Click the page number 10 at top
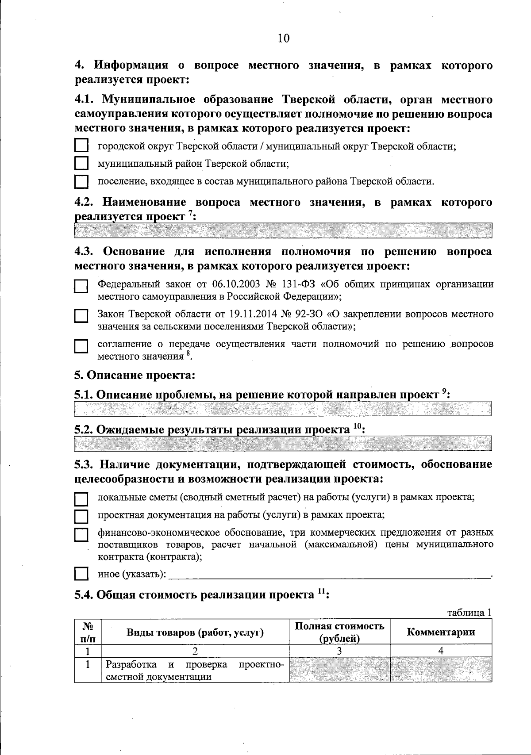[x=283, y=38]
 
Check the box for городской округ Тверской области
[x=81, y=146]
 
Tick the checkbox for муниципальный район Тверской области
[x=81, y=164]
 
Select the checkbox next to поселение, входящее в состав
[x=81, y=181]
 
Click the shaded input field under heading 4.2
[x=283, y=230]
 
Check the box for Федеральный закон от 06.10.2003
[x=81, y=287]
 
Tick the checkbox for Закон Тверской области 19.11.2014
[x=81, y=317]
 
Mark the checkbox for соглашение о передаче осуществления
[x=81, y=346]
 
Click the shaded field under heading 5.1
[x=283, y=408]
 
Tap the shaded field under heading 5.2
[x=283, y=443]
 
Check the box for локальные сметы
[x=81, y=499]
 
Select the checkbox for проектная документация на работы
[x=81, y=516]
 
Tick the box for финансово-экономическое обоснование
[x=81, y=535]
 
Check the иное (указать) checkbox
[x=81, y=574]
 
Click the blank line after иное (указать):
[x=330, y=575]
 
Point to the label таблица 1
[x=469, y=613]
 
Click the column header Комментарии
[x=441, y=632]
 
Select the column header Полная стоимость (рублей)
[x=339, y=632]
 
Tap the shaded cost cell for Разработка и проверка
[x=339, y=670]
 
